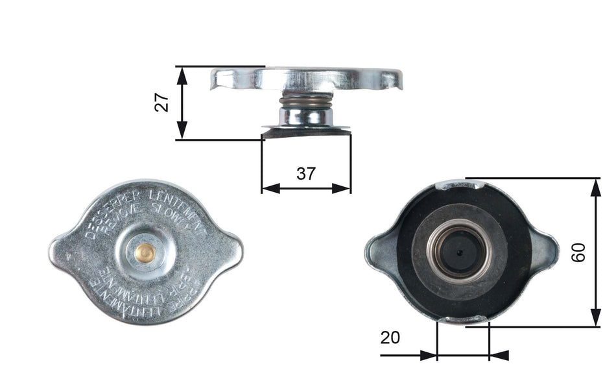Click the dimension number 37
click(x=305, y=173)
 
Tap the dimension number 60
click(x=579, y=252)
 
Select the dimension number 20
click(x=390, y=337)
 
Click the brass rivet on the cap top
click(x=147, y=253)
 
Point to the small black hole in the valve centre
click(x=459, y=252)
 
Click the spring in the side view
click(x=307, y=102)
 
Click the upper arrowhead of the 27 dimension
click(x=182, y=73)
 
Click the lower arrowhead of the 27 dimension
click(x=182, y=132)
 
